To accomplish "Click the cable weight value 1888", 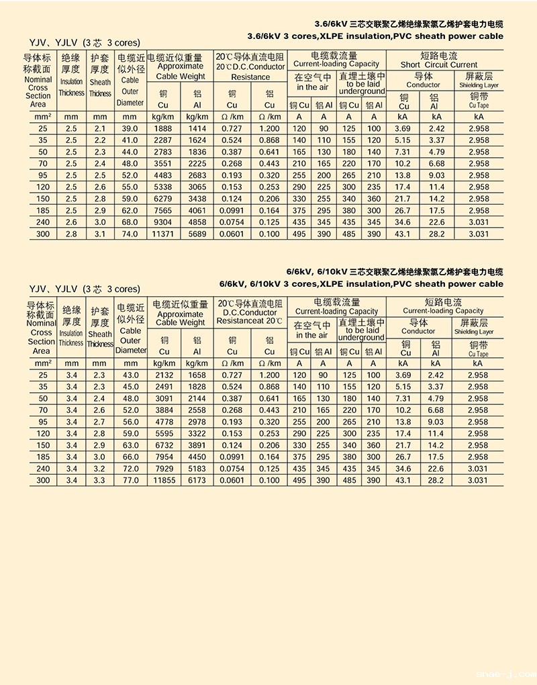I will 164,128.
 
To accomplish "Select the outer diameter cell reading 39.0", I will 130,128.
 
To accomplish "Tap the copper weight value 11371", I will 164,234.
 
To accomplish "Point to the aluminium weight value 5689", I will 197,234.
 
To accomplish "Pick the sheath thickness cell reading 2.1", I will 100,128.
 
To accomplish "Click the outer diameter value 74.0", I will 130,234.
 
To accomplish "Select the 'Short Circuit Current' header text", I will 439,65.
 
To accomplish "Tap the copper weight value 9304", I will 164,222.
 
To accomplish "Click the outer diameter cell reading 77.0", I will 130,481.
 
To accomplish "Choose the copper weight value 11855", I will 164,481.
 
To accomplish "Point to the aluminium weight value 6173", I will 197,481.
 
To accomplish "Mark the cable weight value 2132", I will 164,375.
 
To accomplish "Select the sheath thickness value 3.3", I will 100,481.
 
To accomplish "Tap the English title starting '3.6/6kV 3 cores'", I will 375,36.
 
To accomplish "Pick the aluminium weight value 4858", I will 197,222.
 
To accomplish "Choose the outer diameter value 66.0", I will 130,457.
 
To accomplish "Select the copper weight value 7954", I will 164,457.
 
